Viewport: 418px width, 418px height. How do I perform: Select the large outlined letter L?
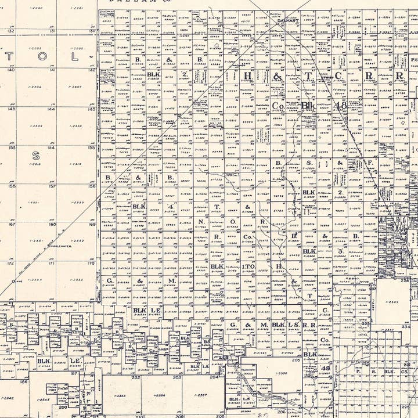point(74,57)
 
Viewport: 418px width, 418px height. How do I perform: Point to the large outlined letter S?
point(35,156)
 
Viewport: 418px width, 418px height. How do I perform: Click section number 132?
point(11,31)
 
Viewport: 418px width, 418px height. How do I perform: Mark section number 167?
point(11,224)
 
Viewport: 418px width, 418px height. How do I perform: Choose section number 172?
point(11,262)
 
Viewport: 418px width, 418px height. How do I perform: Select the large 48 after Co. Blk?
point(340,106)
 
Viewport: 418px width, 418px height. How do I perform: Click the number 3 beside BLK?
point(340,251)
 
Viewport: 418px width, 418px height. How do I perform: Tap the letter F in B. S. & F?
point(370,164)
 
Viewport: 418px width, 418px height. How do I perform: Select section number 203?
point(177,377)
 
